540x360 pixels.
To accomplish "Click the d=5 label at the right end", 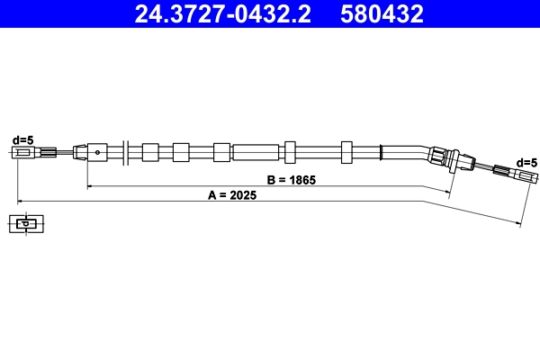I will coord(526,162).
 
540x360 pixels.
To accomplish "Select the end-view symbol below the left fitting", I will coord(26,223).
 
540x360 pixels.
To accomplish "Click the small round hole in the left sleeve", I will coord(96,152).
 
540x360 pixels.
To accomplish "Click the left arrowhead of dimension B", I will coord(89,186).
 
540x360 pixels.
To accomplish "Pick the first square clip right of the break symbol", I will coord(150,151).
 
